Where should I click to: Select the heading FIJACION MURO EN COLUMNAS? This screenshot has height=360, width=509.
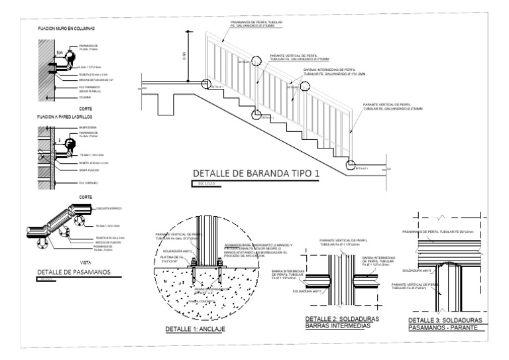66,29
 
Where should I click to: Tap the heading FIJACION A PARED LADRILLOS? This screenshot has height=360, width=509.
66,116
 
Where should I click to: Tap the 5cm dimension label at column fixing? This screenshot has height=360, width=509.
59,52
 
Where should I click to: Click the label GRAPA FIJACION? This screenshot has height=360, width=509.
89,170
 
